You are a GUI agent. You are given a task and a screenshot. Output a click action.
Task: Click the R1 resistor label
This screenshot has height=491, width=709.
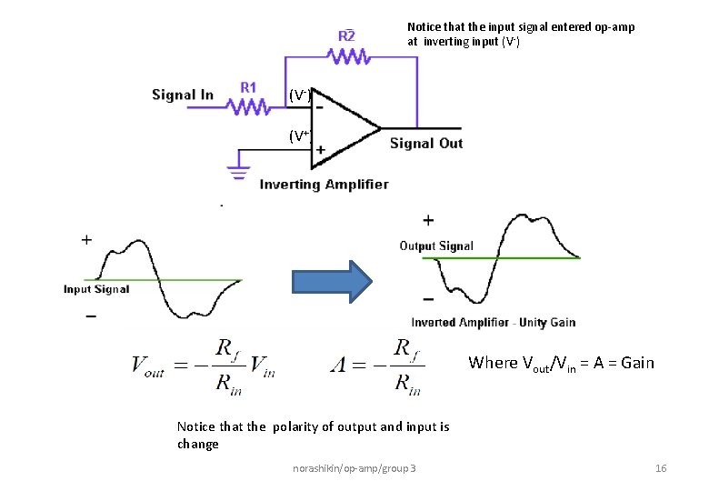coord(248,87)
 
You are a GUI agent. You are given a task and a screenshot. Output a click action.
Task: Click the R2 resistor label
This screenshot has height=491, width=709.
coord(346,35)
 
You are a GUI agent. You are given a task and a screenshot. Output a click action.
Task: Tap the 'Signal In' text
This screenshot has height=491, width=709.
coord(183,95)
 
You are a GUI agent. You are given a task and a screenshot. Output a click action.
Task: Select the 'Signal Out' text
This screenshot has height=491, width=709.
coord(426,143)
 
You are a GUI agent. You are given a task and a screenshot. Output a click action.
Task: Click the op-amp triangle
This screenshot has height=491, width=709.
coord(341,129)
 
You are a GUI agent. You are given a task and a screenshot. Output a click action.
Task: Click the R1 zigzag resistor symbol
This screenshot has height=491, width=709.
coord(249,107)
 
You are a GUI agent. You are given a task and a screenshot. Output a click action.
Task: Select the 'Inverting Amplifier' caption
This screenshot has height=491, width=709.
coord(324,185)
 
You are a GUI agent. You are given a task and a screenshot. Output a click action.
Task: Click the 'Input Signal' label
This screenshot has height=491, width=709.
coord(96,289)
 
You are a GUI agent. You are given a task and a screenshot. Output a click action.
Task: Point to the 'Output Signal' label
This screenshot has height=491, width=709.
coord(436,245)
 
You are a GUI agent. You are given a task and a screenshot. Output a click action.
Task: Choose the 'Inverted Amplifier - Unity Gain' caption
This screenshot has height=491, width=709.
coord(493,322)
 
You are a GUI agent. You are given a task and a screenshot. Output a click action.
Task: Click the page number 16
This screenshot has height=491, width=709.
coord(661,467)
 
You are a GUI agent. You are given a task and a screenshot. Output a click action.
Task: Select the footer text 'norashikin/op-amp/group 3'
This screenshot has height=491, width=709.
coord(354,467)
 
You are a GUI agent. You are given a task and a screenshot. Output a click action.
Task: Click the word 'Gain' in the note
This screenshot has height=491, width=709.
coord(636,363)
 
